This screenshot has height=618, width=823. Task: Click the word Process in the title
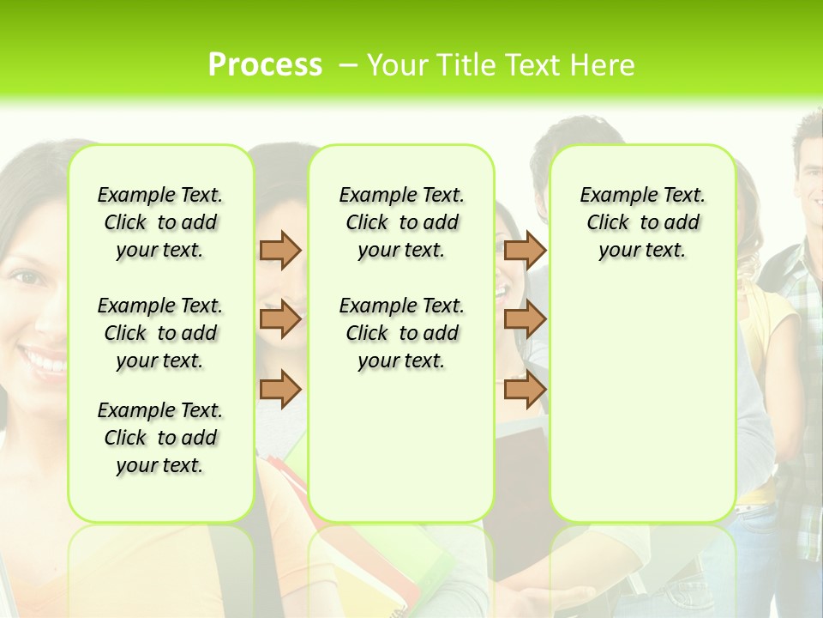265,65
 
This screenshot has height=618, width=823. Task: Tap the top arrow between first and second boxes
280,250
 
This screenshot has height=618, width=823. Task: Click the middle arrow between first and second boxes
280,319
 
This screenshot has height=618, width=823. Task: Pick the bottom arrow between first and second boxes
280,390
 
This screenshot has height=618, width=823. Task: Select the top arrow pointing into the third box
525,250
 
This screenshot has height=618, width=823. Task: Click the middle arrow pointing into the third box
525,319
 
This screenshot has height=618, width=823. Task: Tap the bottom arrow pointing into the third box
525,390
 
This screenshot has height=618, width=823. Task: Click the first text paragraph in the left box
160,222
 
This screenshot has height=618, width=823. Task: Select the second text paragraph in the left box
160,333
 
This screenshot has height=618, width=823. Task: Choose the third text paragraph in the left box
160,438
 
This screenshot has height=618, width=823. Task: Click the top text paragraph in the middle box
402,222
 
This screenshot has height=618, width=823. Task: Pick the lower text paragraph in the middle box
402,333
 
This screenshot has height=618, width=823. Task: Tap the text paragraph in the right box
643,222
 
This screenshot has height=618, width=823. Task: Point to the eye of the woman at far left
28,277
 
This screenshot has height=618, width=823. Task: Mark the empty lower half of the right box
643,412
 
